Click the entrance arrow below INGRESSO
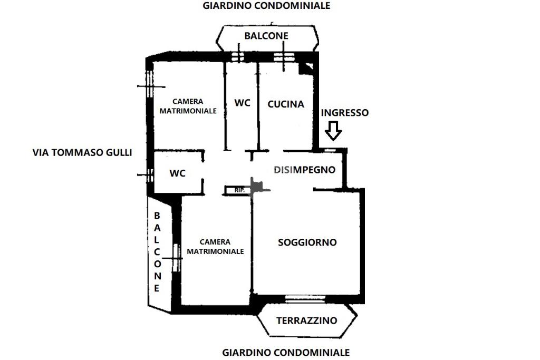[333, 131]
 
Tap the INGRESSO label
[345, 113]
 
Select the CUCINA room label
[286, 104]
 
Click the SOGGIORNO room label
[307, 242]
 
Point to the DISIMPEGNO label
[305, 170]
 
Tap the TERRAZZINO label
[306, 320]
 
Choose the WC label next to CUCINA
[242, 103]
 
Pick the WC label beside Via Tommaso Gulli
[178, 173]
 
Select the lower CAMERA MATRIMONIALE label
[215, 246]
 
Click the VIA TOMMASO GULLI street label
[82, 153]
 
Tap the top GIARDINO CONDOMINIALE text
[266, 6]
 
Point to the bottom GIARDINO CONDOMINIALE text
[286, 352]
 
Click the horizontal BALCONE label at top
[266, 36]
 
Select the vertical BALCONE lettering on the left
[157, 252]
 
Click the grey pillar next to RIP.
[257, 187]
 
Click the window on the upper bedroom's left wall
[149, 86]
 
